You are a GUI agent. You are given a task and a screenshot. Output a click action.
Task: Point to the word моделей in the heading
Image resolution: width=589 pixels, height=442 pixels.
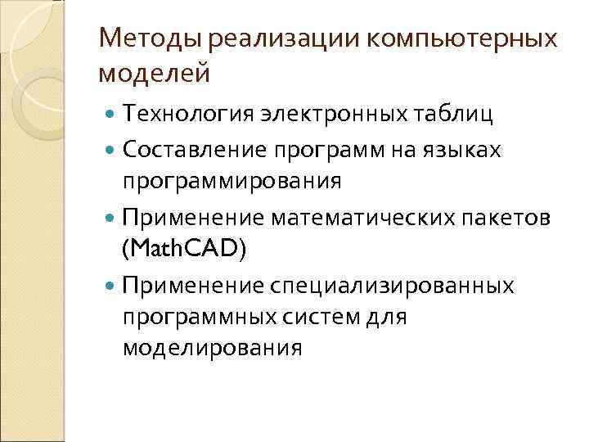154,73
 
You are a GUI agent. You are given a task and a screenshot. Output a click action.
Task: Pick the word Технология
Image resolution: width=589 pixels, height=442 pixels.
191,113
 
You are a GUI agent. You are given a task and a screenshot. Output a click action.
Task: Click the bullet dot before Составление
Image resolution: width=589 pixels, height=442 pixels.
111,151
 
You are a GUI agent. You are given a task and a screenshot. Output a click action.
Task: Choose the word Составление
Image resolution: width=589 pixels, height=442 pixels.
199,151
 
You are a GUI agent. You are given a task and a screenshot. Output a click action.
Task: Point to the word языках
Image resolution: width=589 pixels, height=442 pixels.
466,151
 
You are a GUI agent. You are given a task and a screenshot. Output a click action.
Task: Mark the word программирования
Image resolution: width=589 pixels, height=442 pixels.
232,180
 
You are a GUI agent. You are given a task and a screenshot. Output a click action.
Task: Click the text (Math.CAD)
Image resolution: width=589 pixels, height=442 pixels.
183,248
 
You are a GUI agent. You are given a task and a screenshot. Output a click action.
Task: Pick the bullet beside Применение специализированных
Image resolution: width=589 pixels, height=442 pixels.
111,286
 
